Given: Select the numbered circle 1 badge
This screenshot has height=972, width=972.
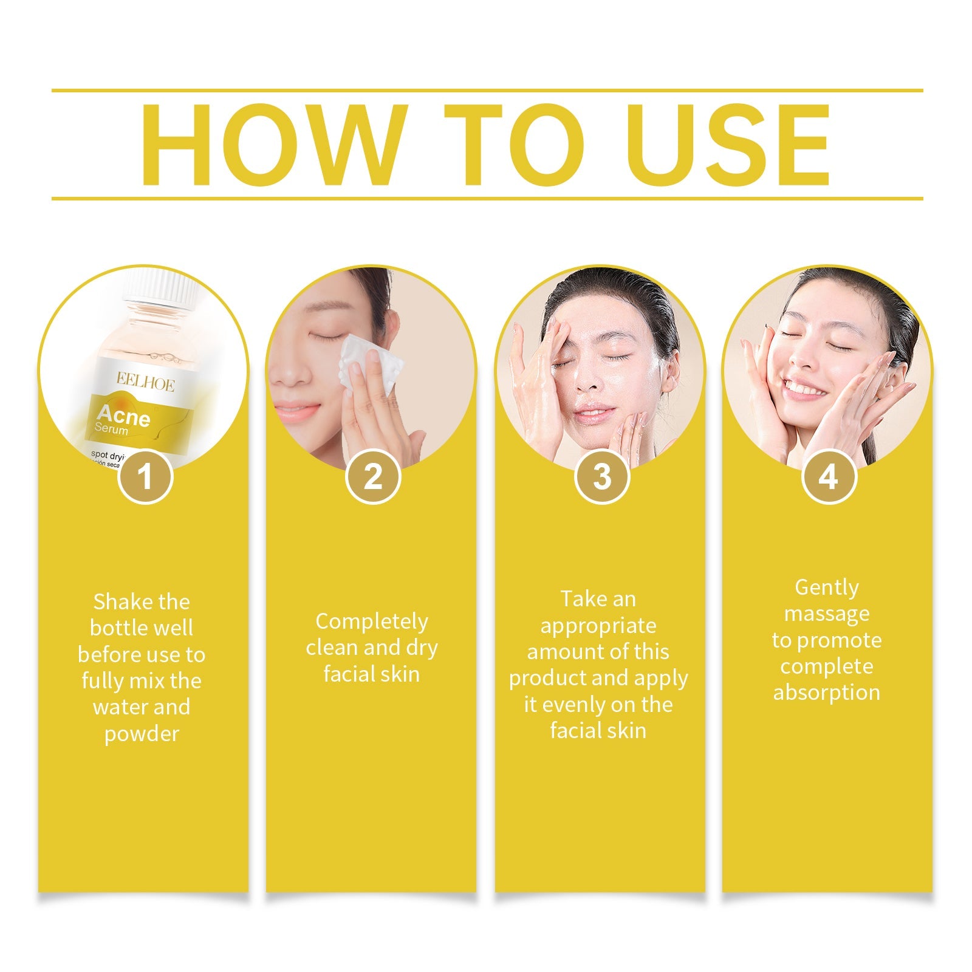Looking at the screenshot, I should coord(145,476).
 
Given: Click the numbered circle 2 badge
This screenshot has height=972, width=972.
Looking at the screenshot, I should coord(372,476).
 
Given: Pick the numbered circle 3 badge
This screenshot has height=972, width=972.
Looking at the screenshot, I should coord(601,476).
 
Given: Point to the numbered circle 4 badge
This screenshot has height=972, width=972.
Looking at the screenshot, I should coord(829,476).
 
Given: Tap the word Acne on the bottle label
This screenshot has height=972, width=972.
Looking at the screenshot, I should coord(123,416).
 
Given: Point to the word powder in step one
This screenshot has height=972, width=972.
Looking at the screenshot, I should coord(142,734).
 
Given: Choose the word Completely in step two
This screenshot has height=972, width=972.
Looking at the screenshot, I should coord(372,621).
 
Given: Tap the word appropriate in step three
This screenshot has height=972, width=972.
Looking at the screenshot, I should coord(598,626).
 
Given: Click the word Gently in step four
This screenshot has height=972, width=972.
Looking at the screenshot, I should coord(826,587).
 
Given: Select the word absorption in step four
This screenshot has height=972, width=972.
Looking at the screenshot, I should coord(826,693).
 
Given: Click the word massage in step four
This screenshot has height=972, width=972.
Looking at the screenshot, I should coord(826,614).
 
